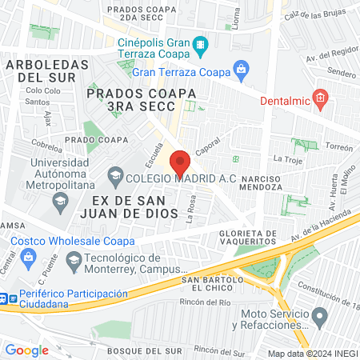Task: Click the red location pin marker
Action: [x=180, y=162]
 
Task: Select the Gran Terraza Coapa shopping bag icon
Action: [x=239, y=70]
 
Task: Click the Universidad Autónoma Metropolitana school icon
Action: [x=59, y=199]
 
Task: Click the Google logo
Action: [x=26, y=350]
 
